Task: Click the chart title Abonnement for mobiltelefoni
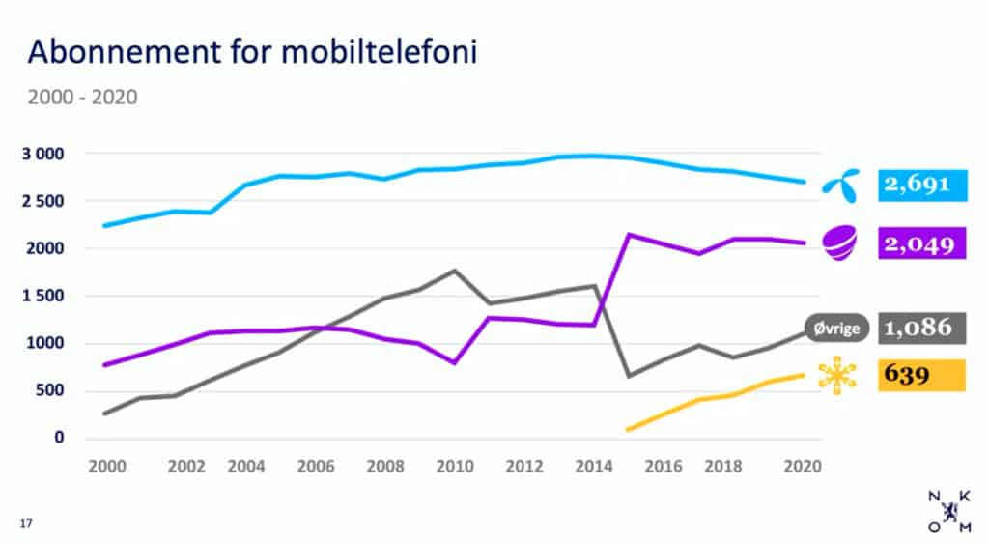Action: pos(252,52)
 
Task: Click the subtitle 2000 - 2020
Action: pos(81,97)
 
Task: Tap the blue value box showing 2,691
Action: pos(921,185)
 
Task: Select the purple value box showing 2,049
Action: pos(921,243)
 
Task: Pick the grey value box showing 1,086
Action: pos(921,328)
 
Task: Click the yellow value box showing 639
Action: pos(921,375)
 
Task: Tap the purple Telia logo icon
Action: pos(838,243)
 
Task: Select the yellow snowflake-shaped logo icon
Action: pos(836,376)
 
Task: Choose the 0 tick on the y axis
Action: pos(59,439)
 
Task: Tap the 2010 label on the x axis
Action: pos(454,466)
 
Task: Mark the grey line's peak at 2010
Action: pos(454,271)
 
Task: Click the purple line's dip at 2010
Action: pos(454,362)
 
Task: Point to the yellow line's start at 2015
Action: pos(629,429)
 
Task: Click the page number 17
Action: pos(26,523)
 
